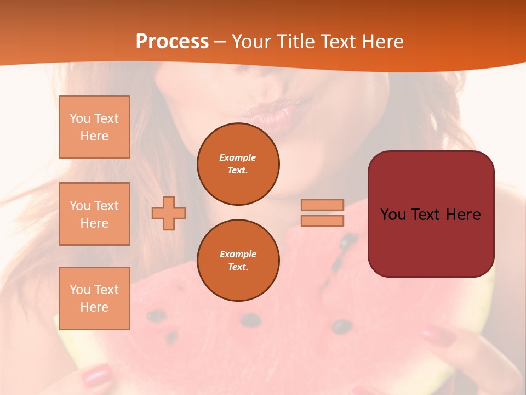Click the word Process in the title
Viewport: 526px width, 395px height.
[172, 42]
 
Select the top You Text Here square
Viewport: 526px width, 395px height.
[94, 127]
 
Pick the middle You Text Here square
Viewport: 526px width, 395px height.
[94, 214]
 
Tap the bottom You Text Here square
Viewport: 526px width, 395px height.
[94, 298]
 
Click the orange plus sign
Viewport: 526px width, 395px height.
[169, 213]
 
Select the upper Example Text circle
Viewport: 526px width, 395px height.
[238, 164]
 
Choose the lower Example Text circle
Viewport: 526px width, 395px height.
[238, 261]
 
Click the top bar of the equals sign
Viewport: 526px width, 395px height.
[322, 205]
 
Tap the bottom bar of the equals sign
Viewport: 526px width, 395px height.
[322, 221]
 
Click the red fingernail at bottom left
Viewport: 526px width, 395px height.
[96, 376]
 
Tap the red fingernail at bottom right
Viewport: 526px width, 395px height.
[439, 335]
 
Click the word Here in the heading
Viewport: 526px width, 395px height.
[382, 42]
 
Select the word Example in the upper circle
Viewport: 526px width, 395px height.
[237, 157]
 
